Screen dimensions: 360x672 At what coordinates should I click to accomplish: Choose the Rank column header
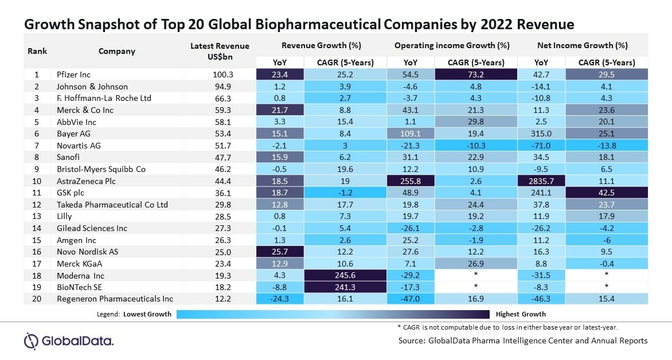[x=37, y=50]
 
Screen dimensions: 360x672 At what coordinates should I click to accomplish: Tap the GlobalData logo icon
[x=31, y=341]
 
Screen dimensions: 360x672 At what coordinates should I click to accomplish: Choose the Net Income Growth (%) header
[x=583, y=45]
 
